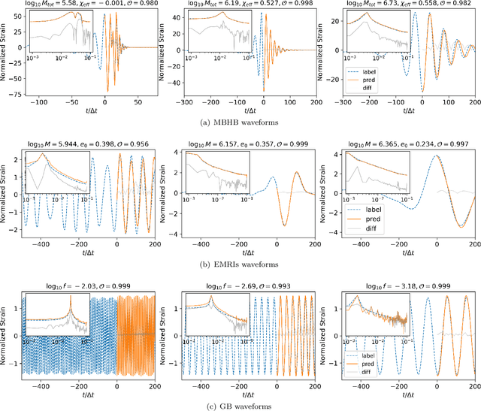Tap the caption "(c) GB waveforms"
pyautogui.click(x=240, y=406)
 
